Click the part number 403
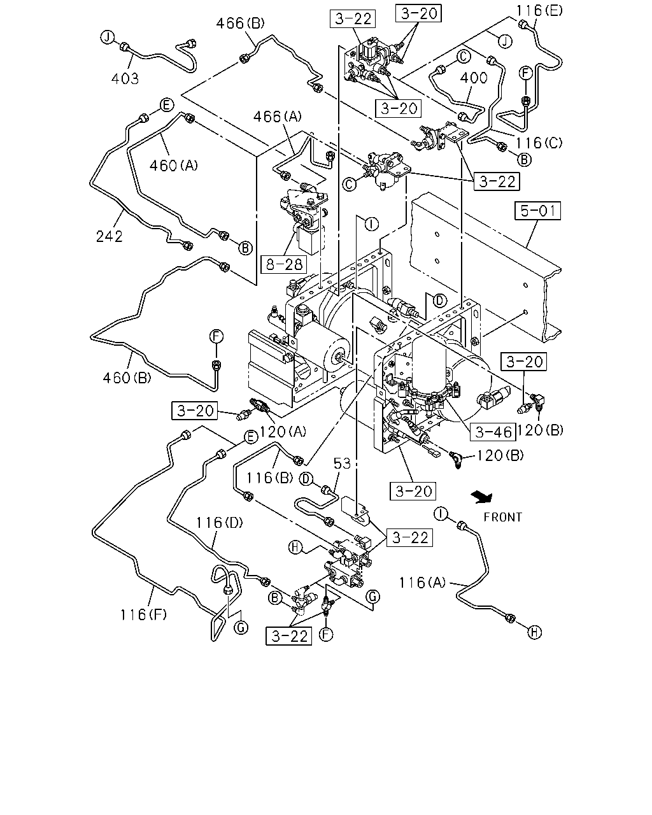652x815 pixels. click(125, 79)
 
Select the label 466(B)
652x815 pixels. click(240, 24)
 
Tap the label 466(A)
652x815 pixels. click(278, 117)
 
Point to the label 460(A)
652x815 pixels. click(174, 165)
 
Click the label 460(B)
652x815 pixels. click(127, 378)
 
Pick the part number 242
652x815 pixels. click(110, 237)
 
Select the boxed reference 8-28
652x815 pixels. click(284, 264)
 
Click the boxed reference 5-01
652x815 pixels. click(537, 211)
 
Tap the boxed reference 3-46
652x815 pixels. click(493, 432)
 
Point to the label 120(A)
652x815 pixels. click(282, 431)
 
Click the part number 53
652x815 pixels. click(342, 464)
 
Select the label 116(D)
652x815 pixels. click(220, 523)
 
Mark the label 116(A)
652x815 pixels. click(422, 583)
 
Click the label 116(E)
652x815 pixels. click(540, 11)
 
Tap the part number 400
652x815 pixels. click(474, 78)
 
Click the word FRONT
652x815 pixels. click(503, 517)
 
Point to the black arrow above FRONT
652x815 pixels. click(482, 497)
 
